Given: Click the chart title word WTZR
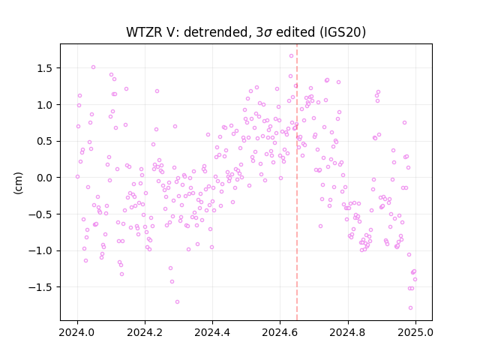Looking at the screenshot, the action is [144, 32].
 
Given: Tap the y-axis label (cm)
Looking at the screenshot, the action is [18, 183].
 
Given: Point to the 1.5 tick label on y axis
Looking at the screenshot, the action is [44, 68].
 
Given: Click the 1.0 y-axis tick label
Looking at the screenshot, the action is [44, 105].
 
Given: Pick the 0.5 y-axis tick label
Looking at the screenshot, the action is [44, 142].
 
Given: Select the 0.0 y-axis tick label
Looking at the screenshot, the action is [44, 178].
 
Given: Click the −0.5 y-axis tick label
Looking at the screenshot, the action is [40, 214].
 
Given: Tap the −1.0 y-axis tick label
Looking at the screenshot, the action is [40, 250].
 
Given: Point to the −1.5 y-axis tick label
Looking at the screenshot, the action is [40, 287].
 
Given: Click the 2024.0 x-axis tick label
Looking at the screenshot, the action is [77, 332].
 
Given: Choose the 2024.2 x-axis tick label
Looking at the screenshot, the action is [145, 332].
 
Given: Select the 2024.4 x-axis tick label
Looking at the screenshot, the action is [212, 332].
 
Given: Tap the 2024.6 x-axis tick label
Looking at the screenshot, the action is [280, 332].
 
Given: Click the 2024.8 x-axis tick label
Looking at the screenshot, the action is [347, 332].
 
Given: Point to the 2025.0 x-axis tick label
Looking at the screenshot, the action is [415, 332].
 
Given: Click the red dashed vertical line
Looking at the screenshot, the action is [297, 182].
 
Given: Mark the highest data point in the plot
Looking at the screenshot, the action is [292, 56].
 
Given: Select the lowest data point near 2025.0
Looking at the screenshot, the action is [410, 308].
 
